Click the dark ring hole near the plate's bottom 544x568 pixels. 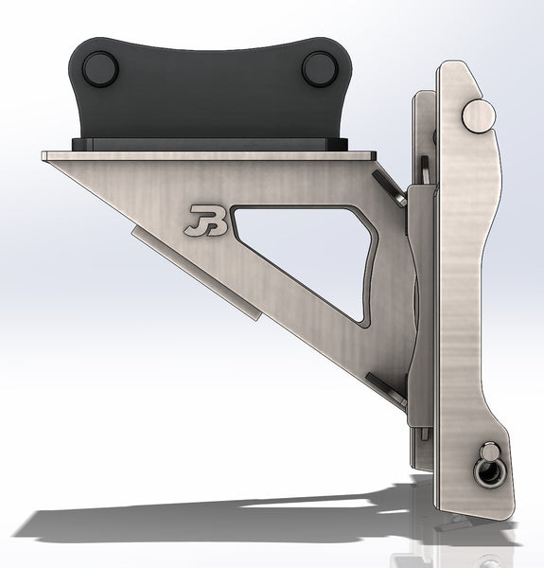(491, 470)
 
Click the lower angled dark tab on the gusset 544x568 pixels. (387, 385)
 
